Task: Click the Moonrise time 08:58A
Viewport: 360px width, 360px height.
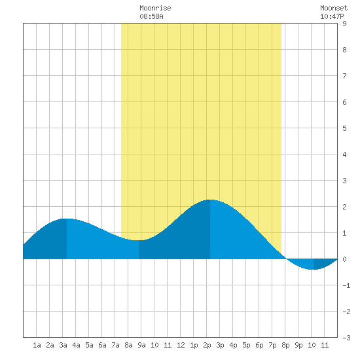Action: [x=152, y=16]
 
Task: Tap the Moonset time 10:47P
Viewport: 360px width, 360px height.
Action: [x=332, y=16]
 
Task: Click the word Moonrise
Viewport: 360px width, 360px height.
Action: [x=155, y=8]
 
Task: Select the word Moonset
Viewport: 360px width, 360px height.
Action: [x=334, y=8]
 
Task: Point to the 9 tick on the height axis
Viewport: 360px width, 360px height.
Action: [x=344, y=24]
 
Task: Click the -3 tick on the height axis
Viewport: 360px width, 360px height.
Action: [x=346, y=338]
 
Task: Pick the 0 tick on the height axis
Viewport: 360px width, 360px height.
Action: [x=344, y=259]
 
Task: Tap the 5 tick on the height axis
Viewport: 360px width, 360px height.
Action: [x=344, y=128]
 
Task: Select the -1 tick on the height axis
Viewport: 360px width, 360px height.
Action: [x=346, y=285]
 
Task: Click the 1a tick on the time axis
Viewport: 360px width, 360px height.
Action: [x=37, y=345]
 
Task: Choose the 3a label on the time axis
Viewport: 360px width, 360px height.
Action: [x=63, y=345]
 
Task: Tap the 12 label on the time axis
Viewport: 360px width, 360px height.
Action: [x=181, y=345]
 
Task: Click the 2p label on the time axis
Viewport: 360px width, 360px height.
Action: [x=207, y=345]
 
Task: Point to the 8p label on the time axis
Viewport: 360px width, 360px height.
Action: [x=285, y=345]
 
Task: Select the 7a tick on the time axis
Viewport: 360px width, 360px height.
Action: [x=115, y=345]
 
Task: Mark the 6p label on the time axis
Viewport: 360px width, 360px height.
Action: [x=259, y=345]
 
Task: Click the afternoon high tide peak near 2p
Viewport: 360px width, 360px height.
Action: [x=210, y=200]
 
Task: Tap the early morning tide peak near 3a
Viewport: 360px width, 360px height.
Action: [x=67, y=219]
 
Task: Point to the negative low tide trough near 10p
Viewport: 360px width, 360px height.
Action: [x=314, y=269]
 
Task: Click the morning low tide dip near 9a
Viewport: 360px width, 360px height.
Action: [x=139, y=240]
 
